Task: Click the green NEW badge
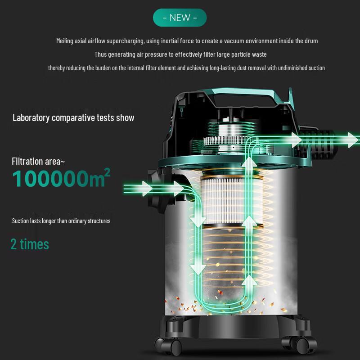pyautogui.click(x=180, y=18)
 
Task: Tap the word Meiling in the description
pyautogui.click(x=65, y=41)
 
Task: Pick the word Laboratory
pyautogui.click(x=30, y=118)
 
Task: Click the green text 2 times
pyautogui.click(x=30, y=244)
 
